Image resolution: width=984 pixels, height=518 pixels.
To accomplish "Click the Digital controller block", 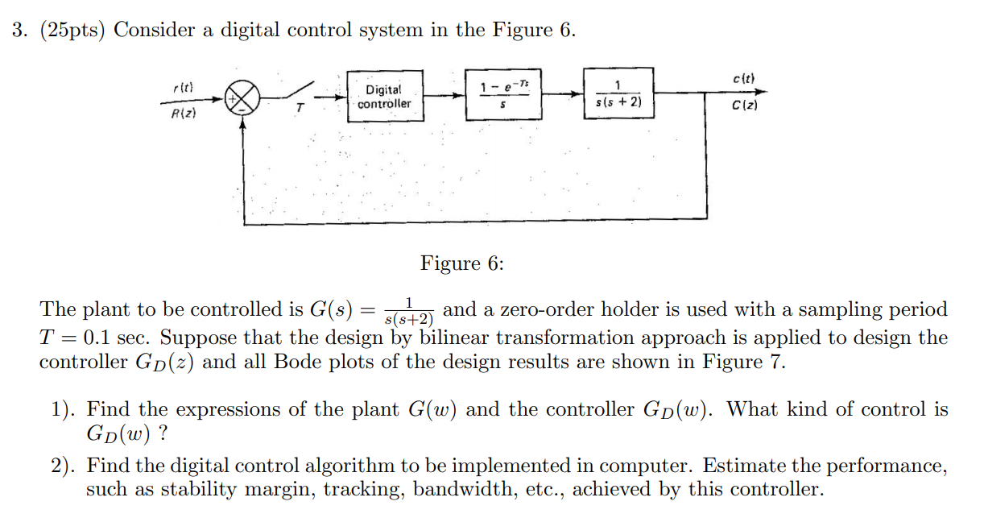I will point(384,97).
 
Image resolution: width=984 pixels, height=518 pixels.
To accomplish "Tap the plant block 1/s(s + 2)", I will point(618,95).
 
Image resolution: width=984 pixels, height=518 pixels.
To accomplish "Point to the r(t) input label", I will point(183,86).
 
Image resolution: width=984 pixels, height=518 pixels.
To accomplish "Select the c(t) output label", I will point(743,77).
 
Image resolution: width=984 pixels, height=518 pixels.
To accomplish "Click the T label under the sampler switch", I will point(299,113).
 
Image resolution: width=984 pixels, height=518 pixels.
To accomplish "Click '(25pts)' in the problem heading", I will point(69,31).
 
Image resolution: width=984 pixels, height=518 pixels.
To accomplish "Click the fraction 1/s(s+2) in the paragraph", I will point(409,311).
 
